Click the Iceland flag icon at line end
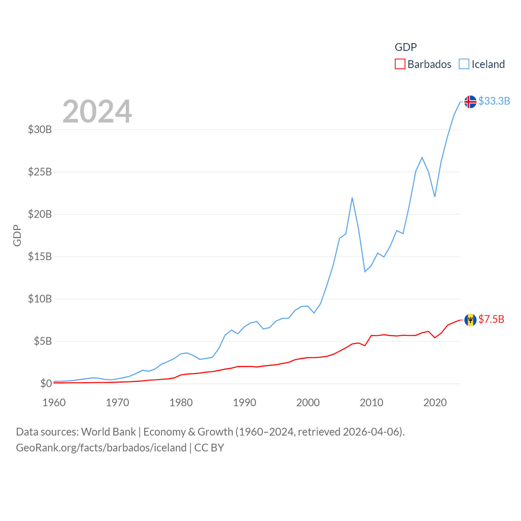pyautogui.click(x=470, y=101)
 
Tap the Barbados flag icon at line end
pyautogui.click(x=470, y=320)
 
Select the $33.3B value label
pyautogui.click(x=494, y=101)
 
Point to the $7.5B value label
pyautogui.click(x=491, y=319)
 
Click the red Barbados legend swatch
pyautogui.click(x=400, y=64)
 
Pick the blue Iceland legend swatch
pyautogui.click(x=464, y=64)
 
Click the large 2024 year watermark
pyautogui.click(x=97, y=111)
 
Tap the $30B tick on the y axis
pyautogui.click(x=40, y=129)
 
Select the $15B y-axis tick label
pyautogui.click(x=40, y=256)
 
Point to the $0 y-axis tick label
pyautogui.click(x=46, y=383)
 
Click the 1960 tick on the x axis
pyautogui.click(x=54, y=403)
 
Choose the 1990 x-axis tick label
pyautogui.click(x=245, y=403)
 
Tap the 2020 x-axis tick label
pyautogui.click(x=435, y=403)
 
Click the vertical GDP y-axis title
pyautogui.click(x=17, y=235)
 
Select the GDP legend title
pyautogui.click(x=406, y=47)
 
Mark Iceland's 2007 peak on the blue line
pyautogui.click(x=352, y=198)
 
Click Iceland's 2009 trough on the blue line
pyautogui.click(x=365, y=271)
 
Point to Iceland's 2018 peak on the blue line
pyautogui.click(x=422, y=157)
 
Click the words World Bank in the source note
pyautogui.click(x=108, y=431)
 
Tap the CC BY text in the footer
pyautogui.click(x=209, y=448)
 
